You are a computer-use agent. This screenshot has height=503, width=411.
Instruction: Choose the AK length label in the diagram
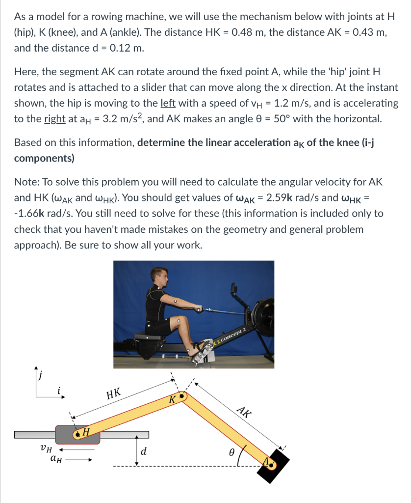point(244,412)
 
